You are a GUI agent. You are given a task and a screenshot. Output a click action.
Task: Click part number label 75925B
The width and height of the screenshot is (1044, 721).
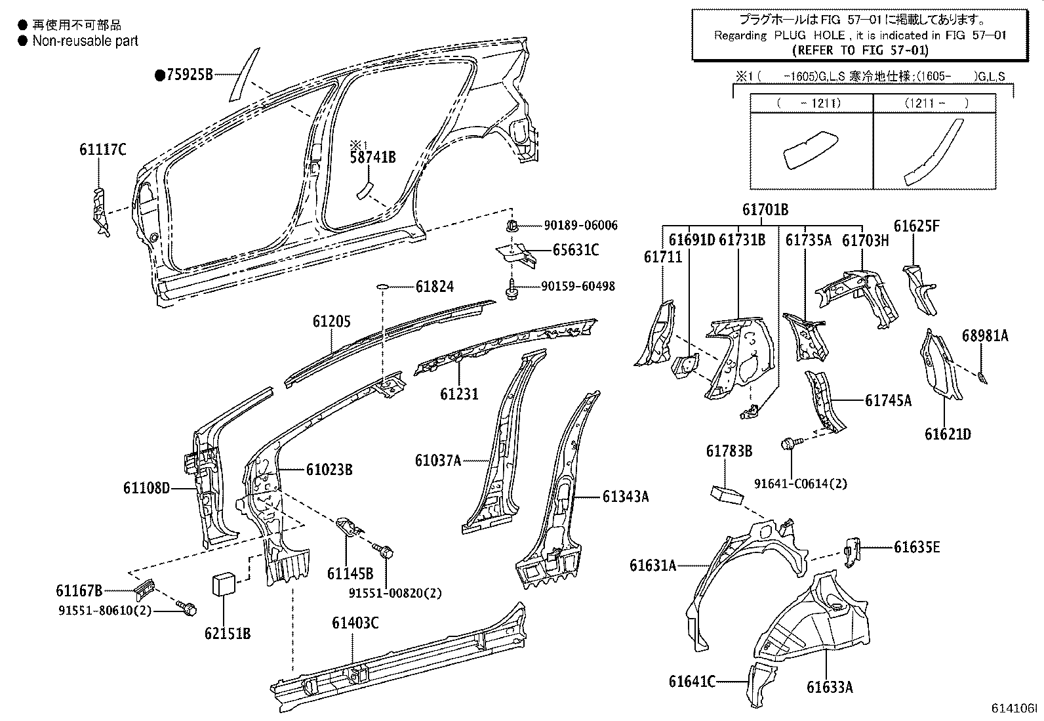click(x=189, y=75)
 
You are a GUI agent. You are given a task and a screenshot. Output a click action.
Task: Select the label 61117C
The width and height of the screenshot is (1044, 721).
click(x=102, y=150)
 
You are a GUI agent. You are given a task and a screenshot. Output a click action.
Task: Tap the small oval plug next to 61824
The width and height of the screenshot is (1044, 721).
click(x=383, y=287)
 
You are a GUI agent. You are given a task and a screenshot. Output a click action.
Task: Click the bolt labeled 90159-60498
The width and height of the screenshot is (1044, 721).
click(x=513, y=289)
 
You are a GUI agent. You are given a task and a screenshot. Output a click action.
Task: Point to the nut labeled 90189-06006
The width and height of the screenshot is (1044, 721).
click(x=512, y=227)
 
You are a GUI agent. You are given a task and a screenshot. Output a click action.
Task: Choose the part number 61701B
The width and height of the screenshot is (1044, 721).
click(x=765, y=210)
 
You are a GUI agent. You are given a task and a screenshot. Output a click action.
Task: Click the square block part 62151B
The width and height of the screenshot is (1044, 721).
click(x=224, y=584)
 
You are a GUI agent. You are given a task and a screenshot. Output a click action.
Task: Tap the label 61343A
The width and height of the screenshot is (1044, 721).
click(x=625, y=497)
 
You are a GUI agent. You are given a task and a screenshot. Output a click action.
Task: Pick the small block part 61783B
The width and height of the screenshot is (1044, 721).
click(x=726, y=494)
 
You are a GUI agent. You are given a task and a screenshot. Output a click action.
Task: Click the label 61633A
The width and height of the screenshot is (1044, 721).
click(x=830, y=687)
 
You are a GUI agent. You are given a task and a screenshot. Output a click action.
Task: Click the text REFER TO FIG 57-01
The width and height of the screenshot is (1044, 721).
click(x=860, y=49)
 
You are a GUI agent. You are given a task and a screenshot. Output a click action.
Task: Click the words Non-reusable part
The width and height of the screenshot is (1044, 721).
click(x=85, y=41)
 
